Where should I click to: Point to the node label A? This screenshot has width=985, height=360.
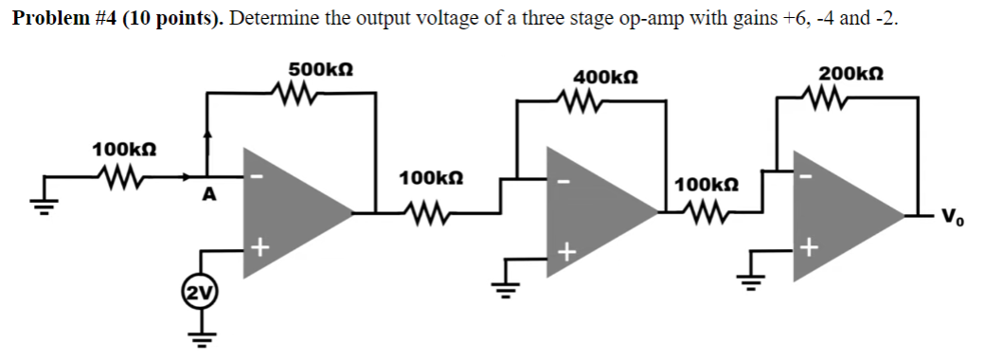pyautogui.click(x=210, y=195)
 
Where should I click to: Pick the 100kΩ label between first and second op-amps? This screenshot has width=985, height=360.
pyautogui.click(x=431, y=178)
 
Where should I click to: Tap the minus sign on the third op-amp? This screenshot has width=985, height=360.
pyautogui.click(x=807, y=175)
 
